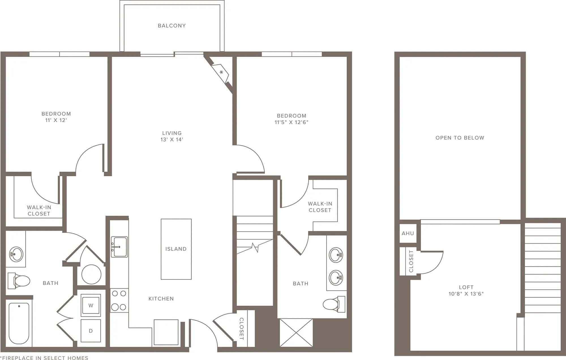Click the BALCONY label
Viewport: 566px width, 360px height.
click(172, 26)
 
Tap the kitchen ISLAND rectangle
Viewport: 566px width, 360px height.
click(176, 249)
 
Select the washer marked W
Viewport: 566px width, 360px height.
click(91, 305)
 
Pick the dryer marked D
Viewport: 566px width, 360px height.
click(91, 331)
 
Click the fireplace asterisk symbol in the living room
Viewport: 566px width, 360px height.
click(222, 72)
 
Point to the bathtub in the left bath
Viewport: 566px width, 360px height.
click(19, 324)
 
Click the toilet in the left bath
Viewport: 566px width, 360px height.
click(19, 281)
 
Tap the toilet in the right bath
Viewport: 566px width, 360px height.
click(334, 304)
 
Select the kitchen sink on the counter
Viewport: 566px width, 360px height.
click(119, 247)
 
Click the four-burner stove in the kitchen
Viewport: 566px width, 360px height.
click(119, 300)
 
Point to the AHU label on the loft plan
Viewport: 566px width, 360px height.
click(408, 233)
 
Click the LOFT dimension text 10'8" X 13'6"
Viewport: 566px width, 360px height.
click(466, 294)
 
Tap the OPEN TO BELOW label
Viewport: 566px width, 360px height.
click(460, 138)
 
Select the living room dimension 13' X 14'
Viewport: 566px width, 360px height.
click(172, 139)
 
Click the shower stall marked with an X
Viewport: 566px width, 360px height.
click(296, 333)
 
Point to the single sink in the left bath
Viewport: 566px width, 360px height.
click(16, 254)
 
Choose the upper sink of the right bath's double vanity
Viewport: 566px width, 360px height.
click(336, 255)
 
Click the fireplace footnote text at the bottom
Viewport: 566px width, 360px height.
click(44, 358)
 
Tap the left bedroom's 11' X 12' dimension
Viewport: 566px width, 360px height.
click(56, 120)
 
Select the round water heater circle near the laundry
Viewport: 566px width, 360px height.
click(91, 274)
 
